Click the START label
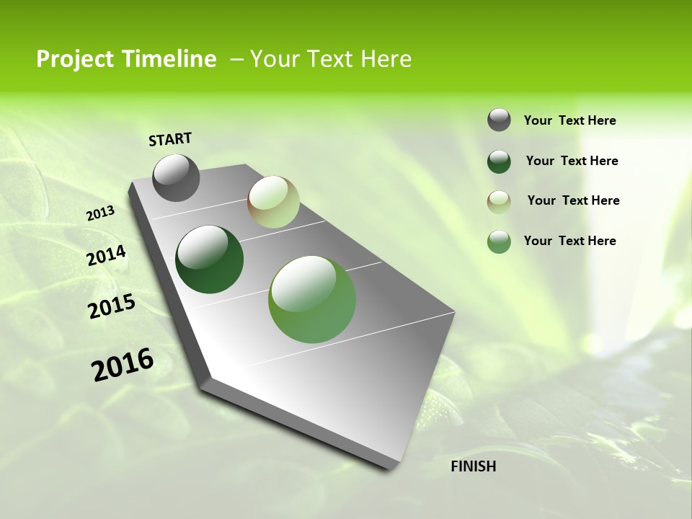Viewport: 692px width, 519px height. (170, 139)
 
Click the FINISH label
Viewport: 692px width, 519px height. (473, 466)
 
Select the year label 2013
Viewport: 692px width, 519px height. (100, 213)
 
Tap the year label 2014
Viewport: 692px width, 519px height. (106, 255)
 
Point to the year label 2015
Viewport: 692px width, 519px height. (112, 306)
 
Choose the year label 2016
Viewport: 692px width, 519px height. (123, 365)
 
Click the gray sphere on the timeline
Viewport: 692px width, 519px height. (177, 177)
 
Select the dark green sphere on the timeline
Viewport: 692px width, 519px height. (210, 259)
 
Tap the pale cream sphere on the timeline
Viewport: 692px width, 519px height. (273, 202)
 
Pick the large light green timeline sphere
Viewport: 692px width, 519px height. (312, 299)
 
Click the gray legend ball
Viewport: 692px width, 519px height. (499, 120)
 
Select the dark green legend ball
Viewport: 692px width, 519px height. (499, 161)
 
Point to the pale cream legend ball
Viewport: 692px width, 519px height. (499, 202)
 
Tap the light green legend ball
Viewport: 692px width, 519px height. (499, 241)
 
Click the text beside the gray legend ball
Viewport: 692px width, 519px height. (569, 120)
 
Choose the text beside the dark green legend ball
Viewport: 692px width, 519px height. (572, 161)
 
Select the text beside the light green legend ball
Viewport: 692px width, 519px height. (569, 241)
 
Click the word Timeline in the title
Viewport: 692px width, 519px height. (171, 59)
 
